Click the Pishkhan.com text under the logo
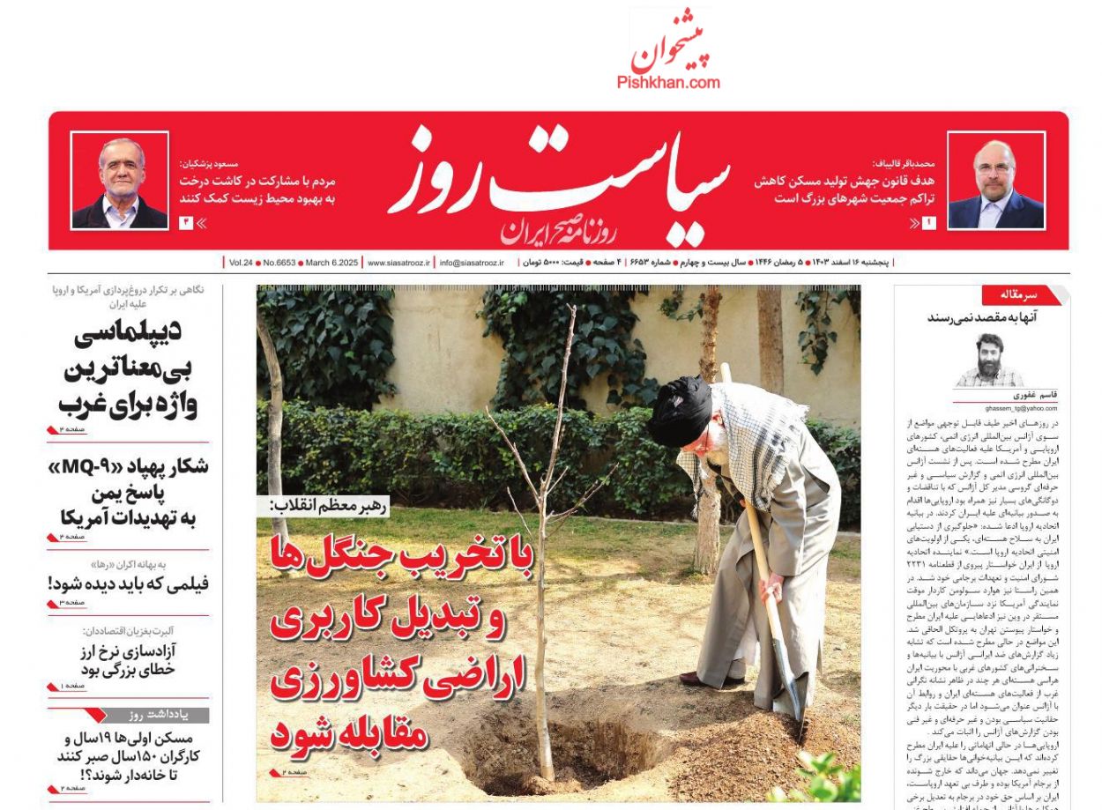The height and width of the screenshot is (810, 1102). (668, 83)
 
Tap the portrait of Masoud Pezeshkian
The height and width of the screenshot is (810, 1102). (119, 181)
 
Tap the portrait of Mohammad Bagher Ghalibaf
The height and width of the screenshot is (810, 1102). (995, 181)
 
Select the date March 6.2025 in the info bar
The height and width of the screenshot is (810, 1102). (331, 263)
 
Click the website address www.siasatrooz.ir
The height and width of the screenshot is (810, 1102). (398, 263)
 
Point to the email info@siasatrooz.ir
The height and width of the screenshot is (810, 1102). (472, 263)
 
